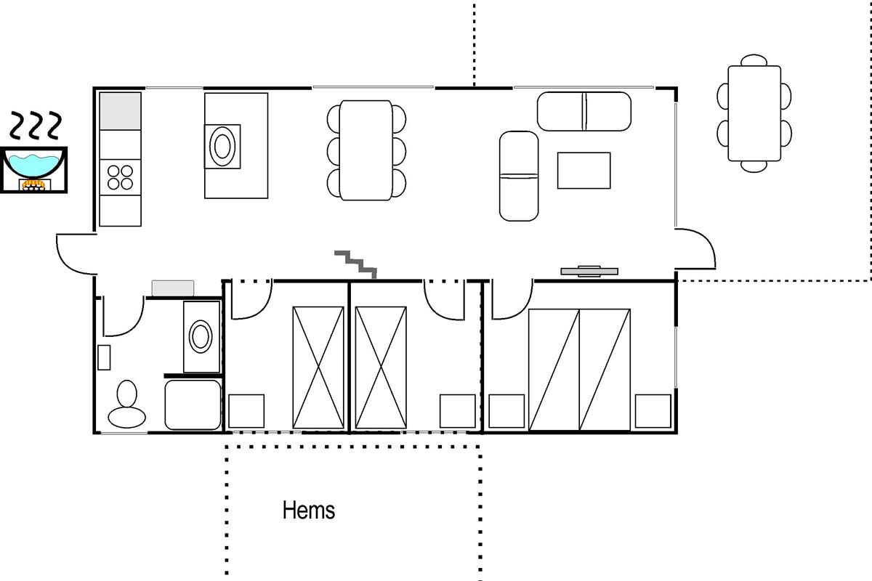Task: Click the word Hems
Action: pyautogui.click(x=309, y=510)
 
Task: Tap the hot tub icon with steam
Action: pyautogui.click(x=34, y=153)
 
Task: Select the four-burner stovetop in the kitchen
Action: pyautogui.click(x=121, y=177)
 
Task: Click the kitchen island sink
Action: pyautogui.click(x=222, y=146)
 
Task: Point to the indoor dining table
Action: pyautogui.click(x=366, y=150)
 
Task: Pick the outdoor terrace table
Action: pyautogui.click(x=754, y=113)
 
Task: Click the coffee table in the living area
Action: pyautogui.click(x=584, y=171)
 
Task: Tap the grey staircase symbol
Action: pyautogui.click(x=356, y=264)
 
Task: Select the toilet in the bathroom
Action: pyautogui.click(x=127, y=405)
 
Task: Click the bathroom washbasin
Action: pyautogui.click(x=201, y=336)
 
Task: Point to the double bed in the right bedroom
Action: pyautogui.click(x=580, y=370)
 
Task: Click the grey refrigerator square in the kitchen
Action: pyautogui.click(x=121, y=111)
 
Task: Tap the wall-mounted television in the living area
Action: pyautogui.click(x=589, y=271)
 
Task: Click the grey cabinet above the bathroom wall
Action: pyautogui.click(x=173, y=288)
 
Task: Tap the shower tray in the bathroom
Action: pyautogui.click(x=193, y=405)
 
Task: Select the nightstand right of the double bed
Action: pyautogui.click(x=653, y=411)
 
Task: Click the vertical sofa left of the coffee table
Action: pyautogui.click(x=519, y=176)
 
